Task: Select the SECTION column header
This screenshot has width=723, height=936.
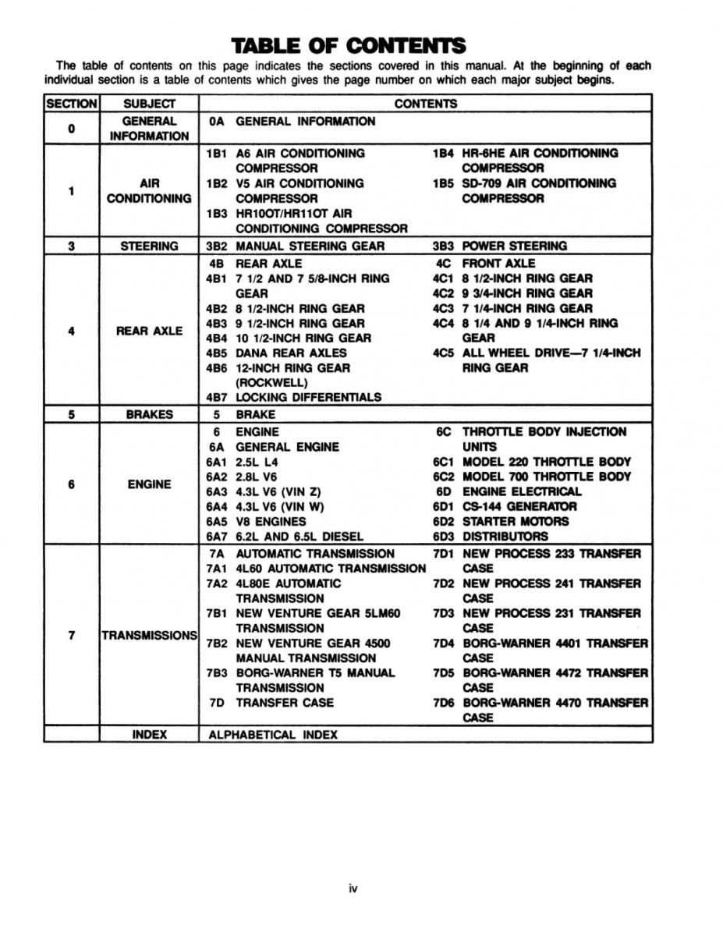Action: (x=71, y=104)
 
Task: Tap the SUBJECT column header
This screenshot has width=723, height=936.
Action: (x=149, y=104)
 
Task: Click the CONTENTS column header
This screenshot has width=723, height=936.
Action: (x=425, y=104)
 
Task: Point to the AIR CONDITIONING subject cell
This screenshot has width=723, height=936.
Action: (x=149, y=190)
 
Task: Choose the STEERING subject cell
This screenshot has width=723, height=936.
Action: (x=149, y=246)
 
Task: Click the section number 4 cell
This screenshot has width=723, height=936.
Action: (x=71, y=331)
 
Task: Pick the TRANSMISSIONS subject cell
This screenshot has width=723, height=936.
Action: (x=149, y=636)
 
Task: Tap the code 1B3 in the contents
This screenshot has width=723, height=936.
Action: (x=217, y=214)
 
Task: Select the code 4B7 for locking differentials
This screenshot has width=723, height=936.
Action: (x=217, y=397)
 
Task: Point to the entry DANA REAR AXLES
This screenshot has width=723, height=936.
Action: (x=291, y=353)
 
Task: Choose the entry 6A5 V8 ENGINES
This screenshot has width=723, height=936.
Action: (x=257, y=521)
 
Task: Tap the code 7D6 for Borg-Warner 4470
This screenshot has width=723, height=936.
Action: (x=445, y=702)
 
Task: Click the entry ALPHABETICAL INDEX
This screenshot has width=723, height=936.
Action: (x=273, y=734)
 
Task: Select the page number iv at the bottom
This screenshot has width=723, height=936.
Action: (x=353, y=888)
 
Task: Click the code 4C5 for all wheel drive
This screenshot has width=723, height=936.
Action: (x=445, y=353)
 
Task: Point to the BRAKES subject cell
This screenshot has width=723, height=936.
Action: (x=149, y=414)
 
